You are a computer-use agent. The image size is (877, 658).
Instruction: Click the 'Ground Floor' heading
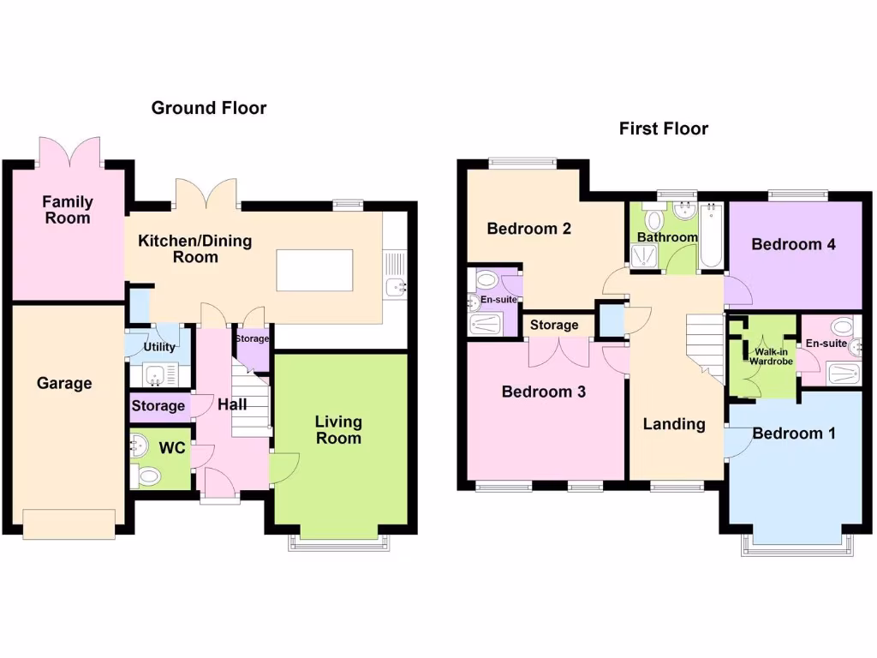[208, 108]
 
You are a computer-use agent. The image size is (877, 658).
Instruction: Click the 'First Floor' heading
[663, 129]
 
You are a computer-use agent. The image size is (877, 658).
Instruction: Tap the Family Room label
[68, 210]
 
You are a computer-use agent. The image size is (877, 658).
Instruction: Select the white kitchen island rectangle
[314, 271]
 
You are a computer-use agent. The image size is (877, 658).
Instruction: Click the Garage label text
[64, 383]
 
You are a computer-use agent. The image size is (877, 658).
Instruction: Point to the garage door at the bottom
[69, 523]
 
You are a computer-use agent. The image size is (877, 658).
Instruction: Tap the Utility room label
[159, 347]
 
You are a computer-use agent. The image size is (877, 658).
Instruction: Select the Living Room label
[338, 430]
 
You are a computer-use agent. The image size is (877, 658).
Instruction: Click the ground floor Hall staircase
[250, 398]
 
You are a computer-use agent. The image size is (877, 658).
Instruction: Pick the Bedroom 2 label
[528, 229]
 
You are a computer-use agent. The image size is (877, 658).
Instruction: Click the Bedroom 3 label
[543, 392]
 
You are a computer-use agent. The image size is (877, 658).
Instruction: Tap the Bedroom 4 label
[793, 244]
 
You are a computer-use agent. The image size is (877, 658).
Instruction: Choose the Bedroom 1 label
[793, 433]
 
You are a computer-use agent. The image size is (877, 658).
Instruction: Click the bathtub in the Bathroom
[712, 237]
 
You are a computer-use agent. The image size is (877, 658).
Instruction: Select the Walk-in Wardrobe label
[772, 356]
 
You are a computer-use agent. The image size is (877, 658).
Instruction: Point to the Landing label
[674, 423]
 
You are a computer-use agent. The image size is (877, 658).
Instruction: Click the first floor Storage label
[554, 326]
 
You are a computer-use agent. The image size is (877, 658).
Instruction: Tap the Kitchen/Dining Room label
[195, 248]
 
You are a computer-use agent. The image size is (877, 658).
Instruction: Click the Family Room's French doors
[69, 152]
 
